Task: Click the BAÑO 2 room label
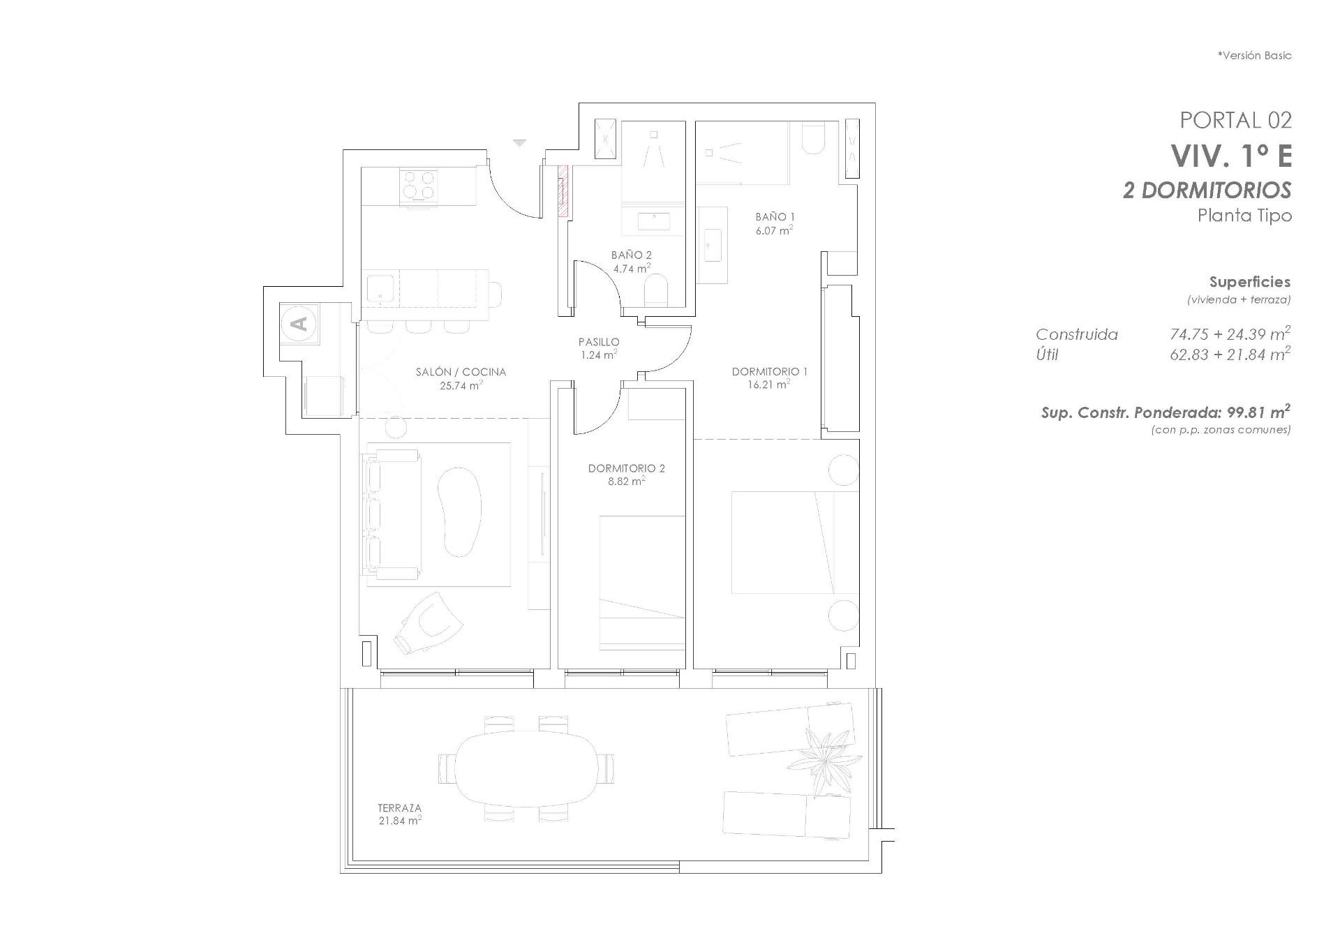[x=631, y=255]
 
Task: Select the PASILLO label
[x=599, y=342]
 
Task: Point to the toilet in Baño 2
[x=656, y=290]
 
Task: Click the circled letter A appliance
[x=299, y=324]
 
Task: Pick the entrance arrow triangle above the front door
[x=519, y=142]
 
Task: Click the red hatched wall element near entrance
[x=563, y=191]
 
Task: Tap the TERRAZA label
[x=399, y=808]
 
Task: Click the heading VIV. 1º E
[x=1231, y=156]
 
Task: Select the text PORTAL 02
[x=1235, y=120]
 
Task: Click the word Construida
[x=1076, y=335]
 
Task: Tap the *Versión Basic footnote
[x=1254, y=55]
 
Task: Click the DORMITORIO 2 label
[x=626, y=468]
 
